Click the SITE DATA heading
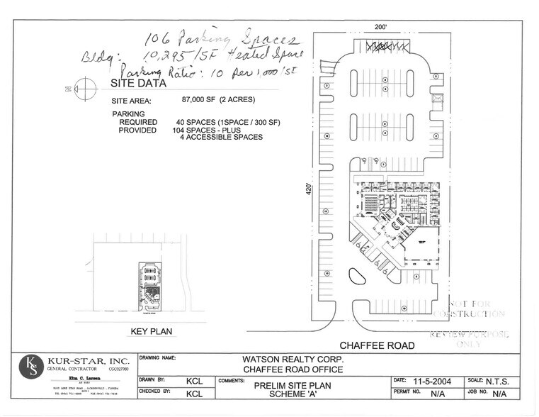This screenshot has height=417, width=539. tap(138, 83)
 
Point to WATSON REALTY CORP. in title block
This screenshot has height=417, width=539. tap(294, 359)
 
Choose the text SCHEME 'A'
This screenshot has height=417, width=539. tap(293, 395)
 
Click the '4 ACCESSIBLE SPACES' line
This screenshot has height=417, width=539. tap(221, 138)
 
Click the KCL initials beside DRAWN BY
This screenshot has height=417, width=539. tap(194, 381)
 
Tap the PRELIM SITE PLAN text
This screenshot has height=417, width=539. tap(293, 386)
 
